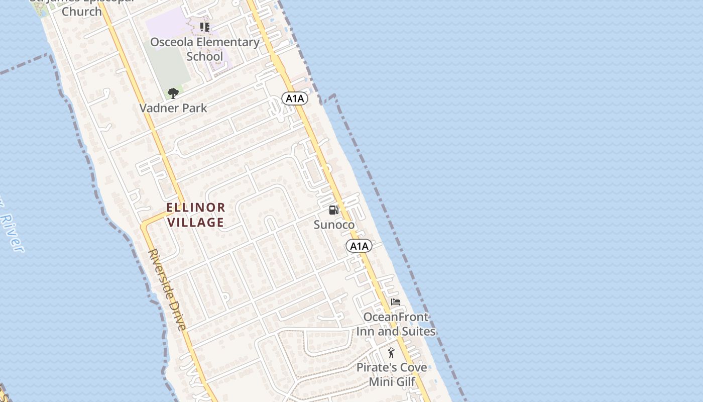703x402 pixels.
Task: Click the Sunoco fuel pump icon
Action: [333, 210]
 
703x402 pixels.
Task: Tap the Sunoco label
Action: [334, 225]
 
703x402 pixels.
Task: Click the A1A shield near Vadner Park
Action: [294, 98]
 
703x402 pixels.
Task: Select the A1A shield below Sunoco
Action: [359, 246]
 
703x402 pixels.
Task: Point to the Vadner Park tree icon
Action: [173, 93]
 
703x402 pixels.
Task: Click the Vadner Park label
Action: [173, 108]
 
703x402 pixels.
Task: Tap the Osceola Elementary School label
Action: [205, 49]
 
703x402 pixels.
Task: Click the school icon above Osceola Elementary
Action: [204, 27]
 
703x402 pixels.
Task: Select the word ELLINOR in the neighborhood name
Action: [196, 207]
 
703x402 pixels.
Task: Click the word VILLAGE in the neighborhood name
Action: [196, 222]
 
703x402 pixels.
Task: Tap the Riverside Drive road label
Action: [167, 289]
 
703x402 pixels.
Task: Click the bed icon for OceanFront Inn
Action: [396, 302]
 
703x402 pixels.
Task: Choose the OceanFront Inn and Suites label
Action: [396, 324]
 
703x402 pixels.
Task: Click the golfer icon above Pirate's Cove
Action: [391, 353]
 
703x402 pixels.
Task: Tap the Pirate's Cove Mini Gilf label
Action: [392, 374]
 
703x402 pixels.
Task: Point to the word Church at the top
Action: [82, 11]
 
